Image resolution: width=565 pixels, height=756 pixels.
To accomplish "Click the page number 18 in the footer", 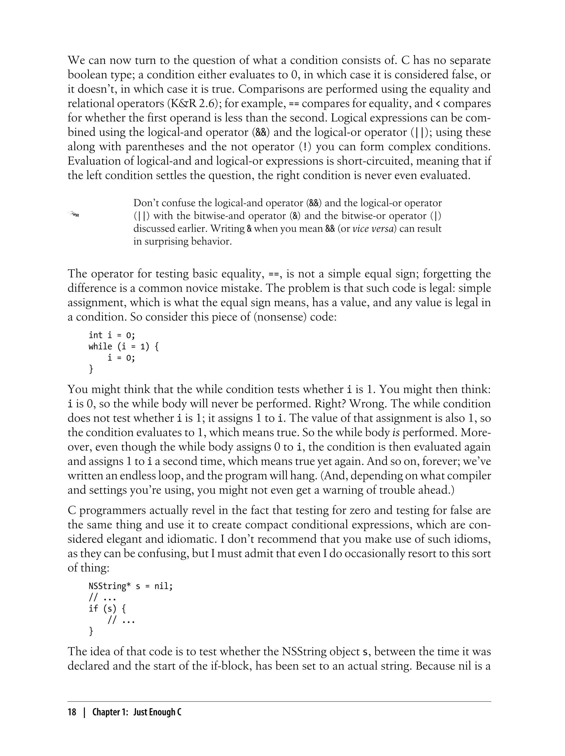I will click(x=72, y=712).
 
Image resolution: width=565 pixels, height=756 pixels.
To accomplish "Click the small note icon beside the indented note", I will click(x=74, y=214).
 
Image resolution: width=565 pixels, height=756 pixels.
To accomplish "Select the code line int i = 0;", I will click(x=112, y=335).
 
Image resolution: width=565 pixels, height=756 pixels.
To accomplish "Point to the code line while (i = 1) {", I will click(x=124, y=347).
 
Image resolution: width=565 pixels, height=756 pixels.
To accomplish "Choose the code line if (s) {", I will click(x=107, y=609).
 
